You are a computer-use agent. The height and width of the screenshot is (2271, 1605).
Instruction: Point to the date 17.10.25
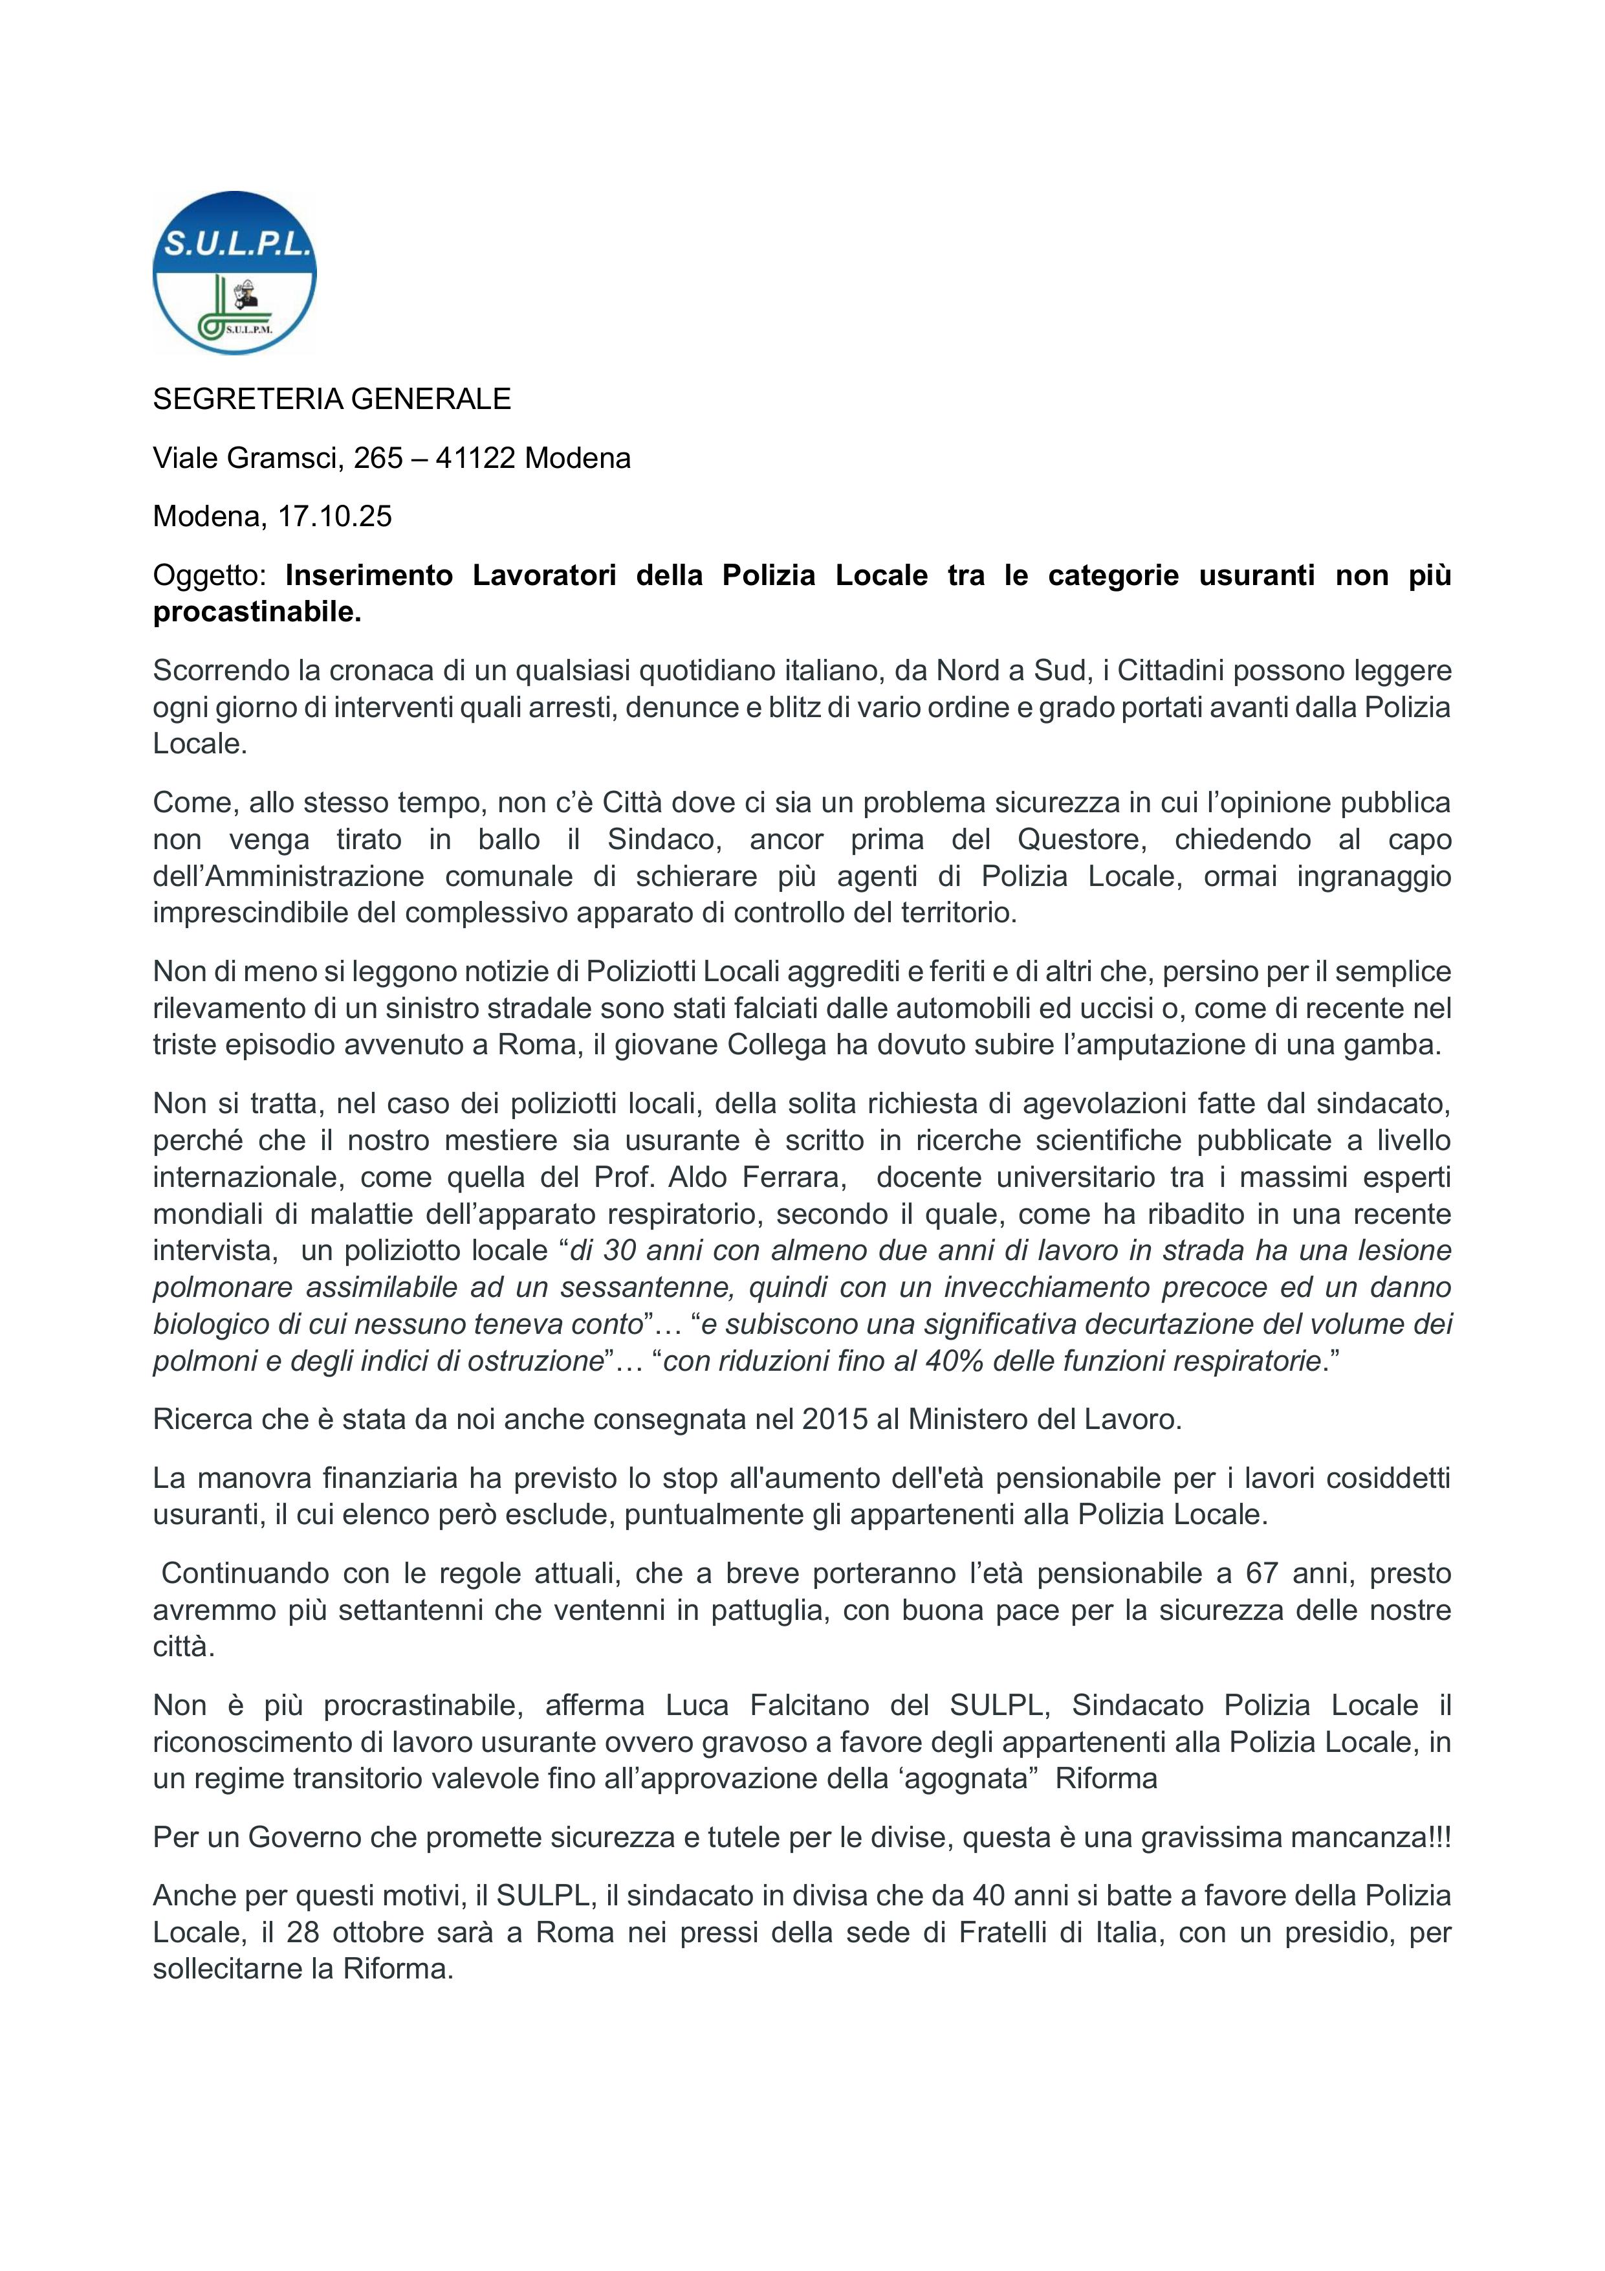pos(334,516)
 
